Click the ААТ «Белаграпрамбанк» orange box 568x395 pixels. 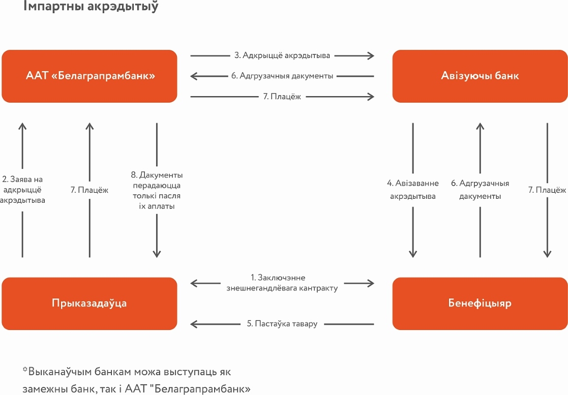pyautogui.click(x=89, y=76)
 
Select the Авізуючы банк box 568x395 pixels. pyautogui.click(x=480, y=76)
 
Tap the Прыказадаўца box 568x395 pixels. pyautogui.click(x=89, y=303)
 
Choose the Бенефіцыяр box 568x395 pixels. pyautogui.click(x=480, y=303)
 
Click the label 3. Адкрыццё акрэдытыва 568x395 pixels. pyautogui.click(x=282, y=55)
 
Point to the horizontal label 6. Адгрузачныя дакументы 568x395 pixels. pyautogui.click(x=282, y=76)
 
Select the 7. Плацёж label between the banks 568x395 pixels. pyautogui.click(x=282, y=97)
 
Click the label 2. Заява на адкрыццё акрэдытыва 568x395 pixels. pyautogui.click(x=22, y=190)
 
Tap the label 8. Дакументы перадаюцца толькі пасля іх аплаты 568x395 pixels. pyautogui.click(x=157, y=191)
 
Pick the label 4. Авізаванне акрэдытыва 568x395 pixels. pyautogui.click(x=412, y=190)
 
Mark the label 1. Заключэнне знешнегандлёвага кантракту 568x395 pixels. pyautogui.click(x=282, y=283)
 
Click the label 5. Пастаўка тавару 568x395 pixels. pyautogui.click(x=282, y=324)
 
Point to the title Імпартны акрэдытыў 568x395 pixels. pyautogui.click(x=91, y=6)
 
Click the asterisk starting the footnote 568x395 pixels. pyautogui.click(x=25, y=370)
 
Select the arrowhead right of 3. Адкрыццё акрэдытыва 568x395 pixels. pyautogui.click(x=371, y=55)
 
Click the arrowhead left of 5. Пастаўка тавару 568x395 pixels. pyautogui.click(x=194, y=324)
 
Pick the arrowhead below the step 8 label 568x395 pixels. pyautogui.click(x=157, y=254)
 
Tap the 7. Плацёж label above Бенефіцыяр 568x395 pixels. pyautogui.click(x=547, y=190)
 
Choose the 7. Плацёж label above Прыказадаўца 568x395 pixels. pyautogui.click(x=89, y=190)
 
